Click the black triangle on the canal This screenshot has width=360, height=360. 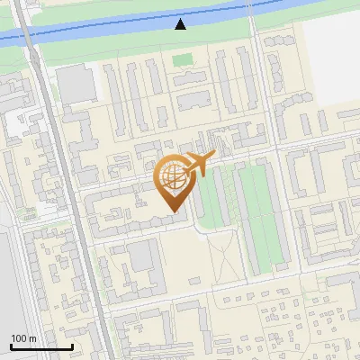[181, 23]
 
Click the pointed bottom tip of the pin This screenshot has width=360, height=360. [172, 211]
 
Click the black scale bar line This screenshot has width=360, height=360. [41, 346]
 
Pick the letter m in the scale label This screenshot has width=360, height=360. [32, 338]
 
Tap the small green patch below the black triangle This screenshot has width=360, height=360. [183, 60]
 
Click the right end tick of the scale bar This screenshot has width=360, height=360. [72, 346]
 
